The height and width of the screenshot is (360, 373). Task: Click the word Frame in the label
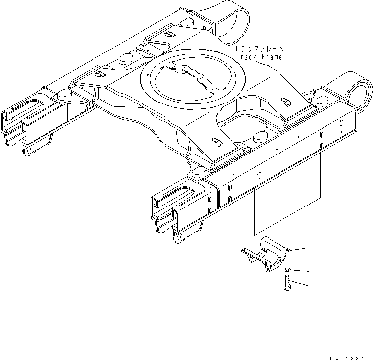click(x=272, y=57)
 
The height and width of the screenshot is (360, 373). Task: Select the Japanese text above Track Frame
click(x=259, y=49)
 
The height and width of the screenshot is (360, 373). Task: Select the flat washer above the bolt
click(x=287, y=269)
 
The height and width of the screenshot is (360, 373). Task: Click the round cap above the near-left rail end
click(x=196, y=172)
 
